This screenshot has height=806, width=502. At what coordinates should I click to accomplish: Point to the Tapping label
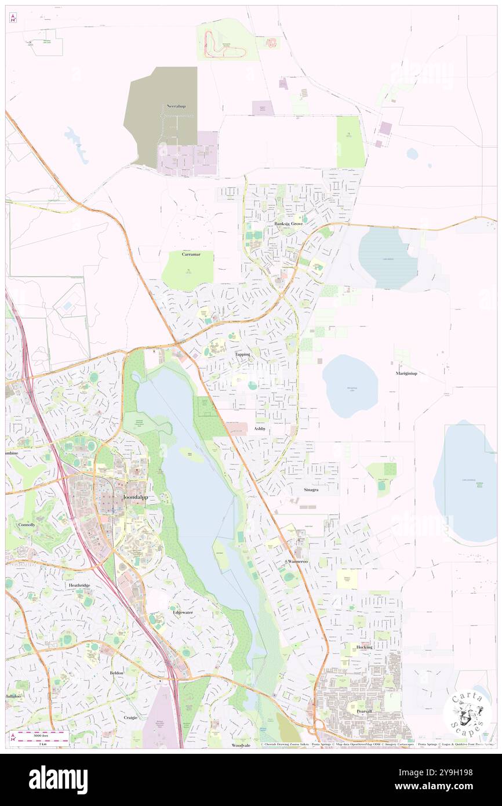click(243, 354)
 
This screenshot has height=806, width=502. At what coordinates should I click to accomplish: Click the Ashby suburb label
click(260, 429)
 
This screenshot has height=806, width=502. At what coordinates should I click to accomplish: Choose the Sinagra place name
click(311, 489)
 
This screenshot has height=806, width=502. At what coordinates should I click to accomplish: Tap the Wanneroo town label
click(297, 562)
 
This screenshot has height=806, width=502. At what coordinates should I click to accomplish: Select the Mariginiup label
click(406, 373)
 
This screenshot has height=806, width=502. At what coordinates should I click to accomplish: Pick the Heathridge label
click(79, 586)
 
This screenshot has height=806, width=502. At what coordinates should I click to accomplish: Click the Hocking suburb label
click(365, 647)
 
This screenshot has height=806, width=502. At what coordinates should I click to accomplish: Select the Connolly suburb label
click(26, 525)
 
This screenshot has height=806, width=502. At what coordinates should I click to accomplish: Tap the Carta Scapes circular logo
click(467, 713)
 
